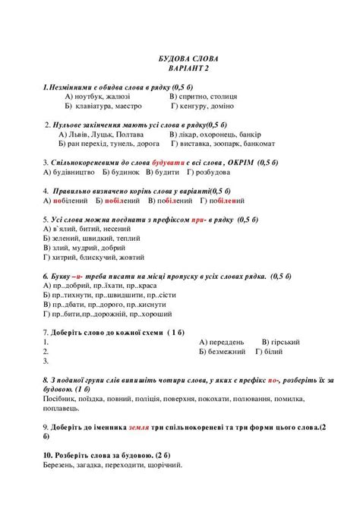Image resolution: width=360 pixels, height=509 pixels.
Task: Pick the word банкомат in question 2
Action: click(255, 143)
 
